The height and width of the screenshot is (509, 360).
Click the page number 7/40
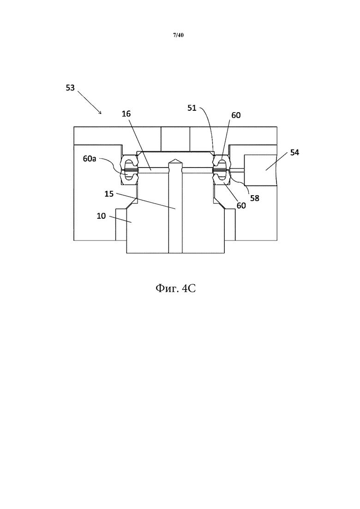[x=178, y=35]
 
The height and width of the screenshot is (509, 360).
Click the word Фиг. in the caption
[x=167, y=288]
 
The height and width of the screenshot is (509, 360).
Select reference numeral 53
[x=70, y=88]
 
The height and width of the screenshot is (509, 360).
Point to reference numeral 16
[x=126, y=114]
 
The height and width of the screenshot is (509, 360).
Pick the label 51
[x=192, y=108]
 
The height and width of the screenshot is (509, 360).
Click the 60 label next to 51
[x=236, y=115]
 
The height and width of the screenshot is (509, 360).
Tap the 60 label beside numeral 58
[x=241, y=205]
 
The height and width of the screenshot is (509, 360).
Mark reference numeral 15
[x=109, y=194]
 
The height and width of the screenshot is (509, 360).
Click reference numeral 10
[x=101, y=216]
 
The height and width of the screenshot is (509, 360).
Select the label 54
[x=294, y=152]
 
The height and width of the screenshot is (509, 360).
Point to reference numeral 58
[x=255, y=198]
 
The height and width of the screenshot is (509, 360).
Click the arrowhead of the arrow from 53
[x=101, y=114]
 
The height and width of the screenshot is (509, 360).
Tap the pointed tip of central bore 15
[x=175, y=159]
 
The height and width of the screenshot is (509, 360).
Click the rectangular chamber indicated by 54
[x=261, y=170]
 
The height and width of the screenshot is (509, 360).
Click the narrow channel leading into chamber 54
[x=237, y=171]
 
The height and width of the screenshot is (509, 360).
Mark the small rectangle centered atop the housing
[x=175, y=135]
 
